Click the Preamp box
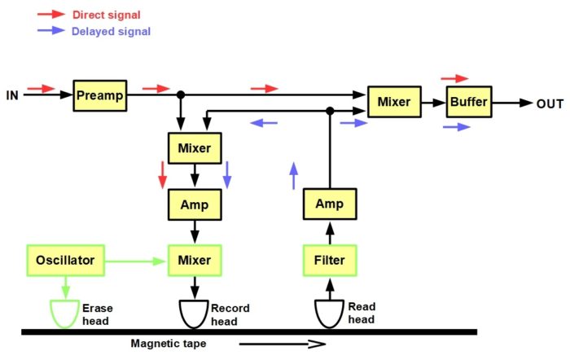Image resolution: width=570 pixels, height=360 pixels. point(100,95)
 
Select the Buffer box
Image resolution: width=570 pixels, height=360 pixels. point(469,102)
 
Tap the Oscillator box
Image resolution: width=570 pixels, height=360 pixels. point(66,261)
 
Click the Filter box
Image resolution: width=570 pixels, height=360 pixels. point(330,261)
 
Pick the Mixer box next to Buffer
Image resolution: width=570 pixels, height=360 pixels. point(394,102)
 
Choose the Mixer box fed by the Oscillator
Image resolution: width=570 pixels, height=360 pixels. point(195,261)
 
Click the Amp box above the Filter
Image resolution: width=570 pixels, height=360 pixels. point(330,204)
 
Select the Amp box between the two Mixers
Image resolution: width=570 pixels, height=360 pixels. point(195,204)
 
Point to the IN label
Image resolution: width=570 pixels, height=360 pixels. point(12,95)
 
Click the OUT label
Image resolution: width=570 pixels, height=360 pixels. point(550,104)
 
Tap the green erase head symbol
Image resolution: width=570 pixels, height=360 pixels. point(64,314)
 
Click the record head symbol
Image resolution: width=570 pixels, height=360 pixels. point(194,314)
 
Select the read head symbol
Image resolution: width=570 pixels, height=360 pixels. point(329,314)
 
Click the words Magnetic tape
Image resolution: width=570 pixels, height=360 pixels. point(169,343)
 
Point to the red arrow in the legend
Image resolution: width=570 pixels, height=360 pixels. point(50,14)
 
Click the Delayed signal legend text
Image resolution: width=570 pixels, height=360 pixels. point(112,31)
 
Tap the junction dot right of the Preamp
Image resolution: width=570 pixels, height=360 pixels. point(181,95)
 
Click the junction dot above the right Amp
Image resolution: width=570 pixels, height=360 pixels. point(330,111)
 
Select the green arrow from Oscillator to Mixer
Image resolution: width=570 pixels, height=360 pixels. point(135,261)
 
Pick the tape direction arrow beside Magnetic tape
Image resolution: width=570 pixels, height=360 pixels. point(282,344)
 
